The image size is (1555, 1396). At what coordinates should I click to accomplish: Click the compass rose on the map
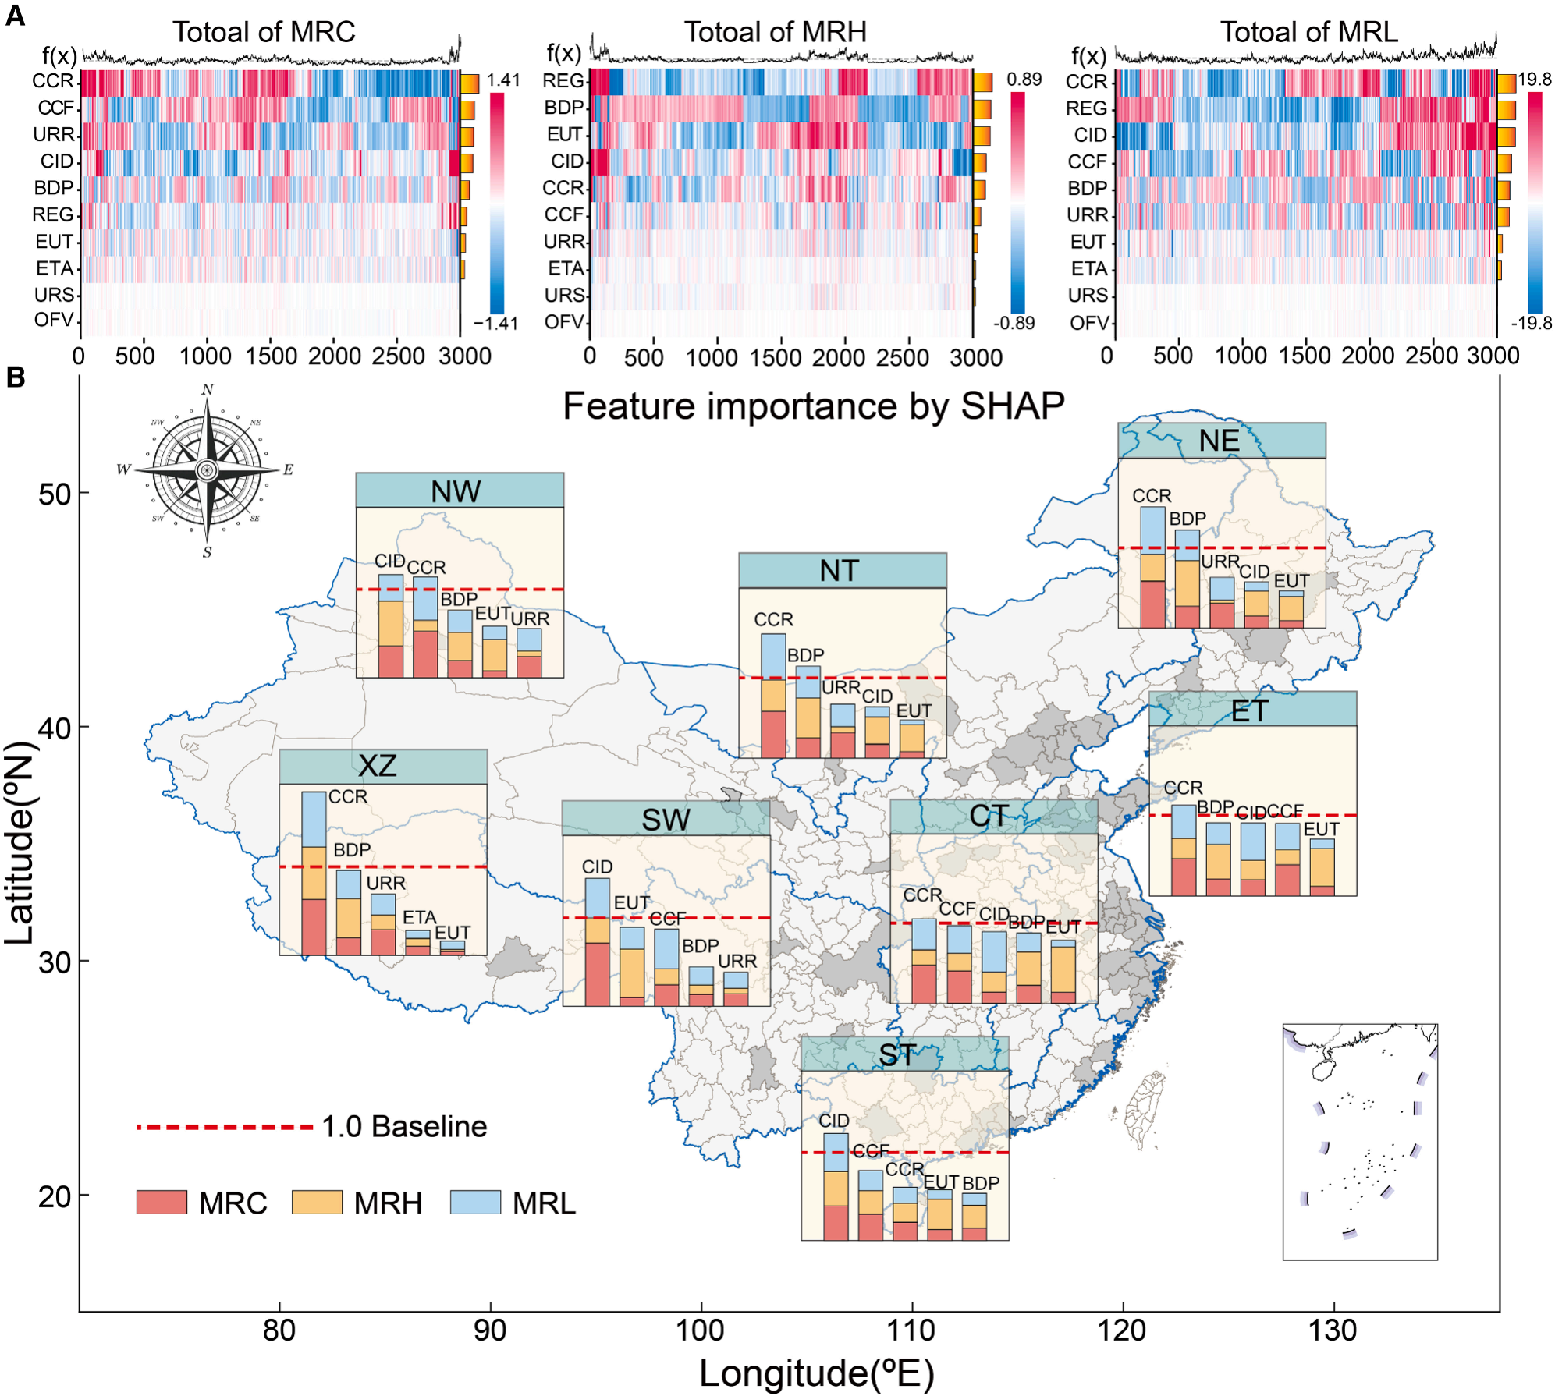tap(207, 469)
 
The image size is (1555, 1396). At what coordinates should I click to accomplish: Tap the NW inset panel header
tap(459, 491)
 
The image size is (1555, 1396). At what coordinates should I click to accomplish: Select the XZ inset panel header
tap(382, 766)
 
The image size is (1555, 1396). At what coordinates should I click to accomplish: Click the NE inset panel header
tap(1220, 441)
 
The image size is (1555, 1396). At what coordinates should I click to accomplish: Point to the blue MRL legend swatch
tap(474, 1202)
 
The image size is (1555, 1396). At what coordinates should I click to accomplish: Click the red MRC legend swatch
tap(162, 1202)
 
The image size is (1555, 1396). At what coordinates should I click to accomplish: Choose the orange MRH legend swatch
tap(317, 1202)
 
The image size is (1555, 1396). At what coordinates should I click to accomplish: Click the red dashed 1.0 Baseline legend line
tap(224, 1127)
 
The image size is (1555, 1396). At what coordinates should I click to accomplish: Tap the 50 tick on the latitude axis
tap(55, 494)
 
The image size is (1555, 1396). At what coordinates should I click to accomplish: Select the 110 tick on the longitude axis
tap(911, 1330)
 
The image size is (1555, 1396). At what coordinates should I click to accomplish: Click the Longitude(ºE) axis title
tap(816, 1373)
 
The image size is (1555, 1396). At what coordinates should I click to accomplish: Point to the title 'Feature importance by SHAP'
tap(813, 406)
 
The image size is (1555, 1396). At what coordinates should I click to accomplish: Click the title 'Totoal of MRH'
tap(775, 32)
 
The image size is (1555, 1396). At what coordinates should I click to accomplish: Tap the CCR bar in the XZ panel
tap(314, 873)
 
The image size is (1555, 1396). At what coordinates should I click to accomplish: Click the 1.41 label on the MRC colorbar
tap(503, 80)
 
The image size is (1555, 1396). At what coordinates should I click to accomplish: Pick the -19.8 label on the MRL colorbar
tap(1531, 323)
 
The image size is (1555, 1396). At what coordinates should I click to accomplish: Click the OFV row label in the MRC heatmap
tap(54, 320)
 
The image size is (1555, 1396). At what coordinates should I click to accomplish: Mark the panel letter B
tap(15, 377)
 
